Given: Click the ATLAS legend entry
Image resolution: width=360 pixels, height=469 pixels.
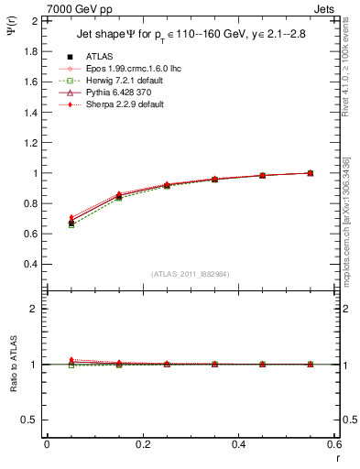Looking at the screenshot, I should click(x=100, y=56).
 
